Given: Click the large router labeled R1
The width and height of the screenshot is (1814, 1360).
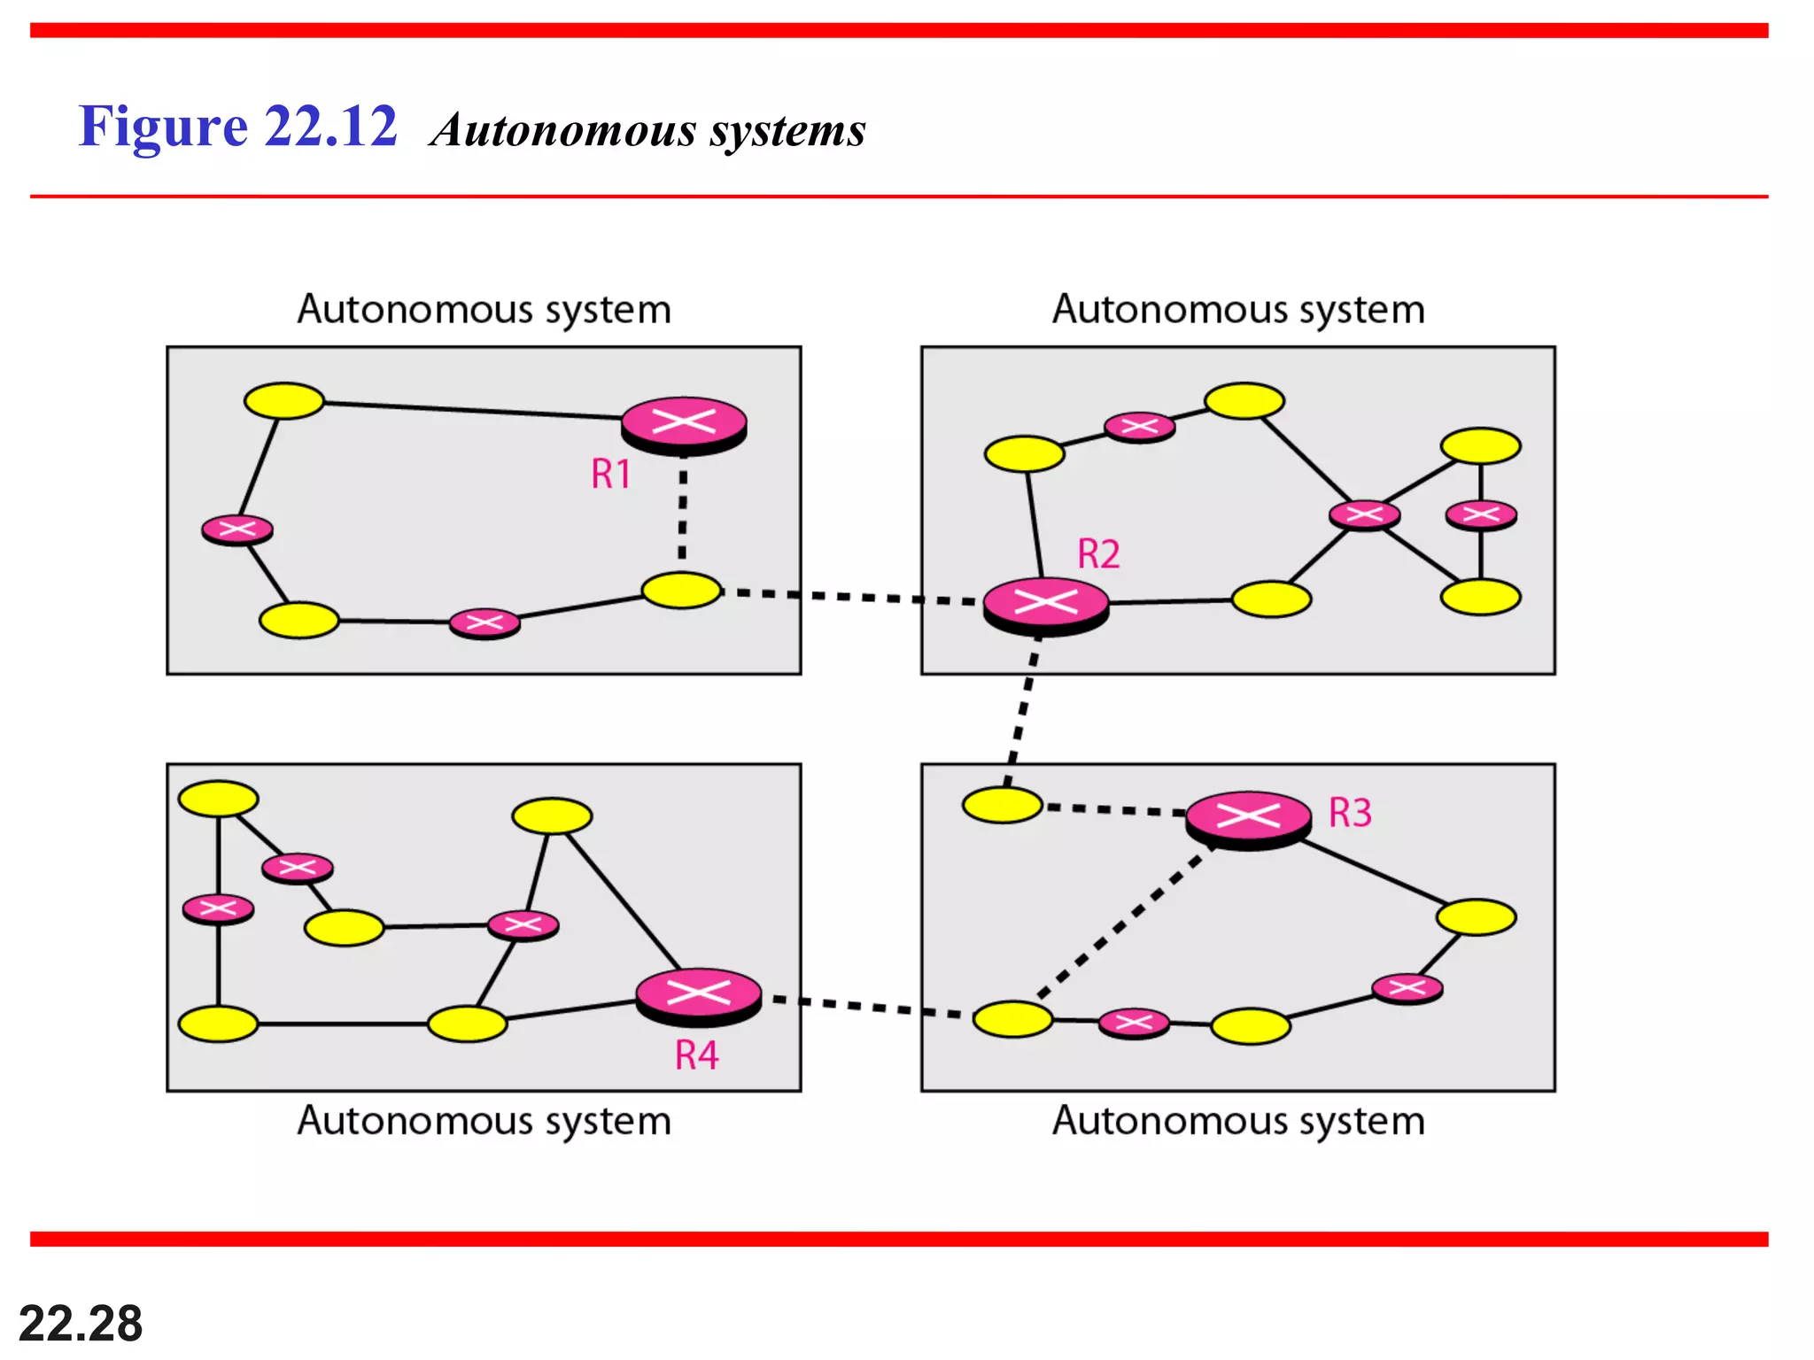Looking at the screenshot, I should point(684,424).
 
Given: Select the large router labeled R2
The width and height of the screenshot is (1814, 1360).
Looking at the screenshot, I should point(1046,605).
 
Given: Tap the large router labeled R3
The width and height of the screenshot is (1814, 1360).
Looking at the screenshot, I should point(1248,818).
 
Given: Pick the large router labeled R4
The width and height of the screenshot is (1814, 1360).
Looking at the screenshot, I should point(699,994).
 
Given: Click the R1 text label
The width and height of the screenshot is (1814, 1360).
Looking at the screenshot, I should point(611,475).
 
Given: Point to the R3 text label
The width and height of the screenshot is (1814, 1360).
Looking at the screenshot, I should point(1350,813).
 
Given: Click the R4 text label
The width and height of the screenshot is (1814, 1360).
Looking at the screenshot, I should point(696,1055).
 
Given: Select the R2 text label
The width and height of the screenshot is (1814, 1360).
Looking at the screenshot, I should point(1098,555).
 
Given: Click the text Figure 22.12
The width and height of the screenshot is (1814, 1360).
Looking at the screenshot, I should point(237,127).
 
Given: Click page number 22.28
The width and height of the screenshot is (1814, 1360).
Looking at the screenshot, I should point(80,1324).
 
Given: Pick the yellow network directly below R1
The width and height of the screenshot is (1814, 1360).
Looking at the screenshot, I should point(681,591).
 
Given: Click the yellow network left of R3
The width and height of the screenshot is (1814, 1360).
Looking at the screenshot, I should point(1002,805).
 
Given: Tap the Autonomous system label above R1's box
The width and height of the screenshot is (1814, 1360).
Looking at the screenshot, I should point(484,310).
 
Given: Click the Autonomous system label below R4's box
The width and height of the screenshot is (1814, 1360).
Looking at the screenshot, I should point(484,1121).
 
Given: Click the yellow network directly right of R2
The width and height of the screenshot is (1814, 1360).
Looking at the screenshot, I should point(1271,599).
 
